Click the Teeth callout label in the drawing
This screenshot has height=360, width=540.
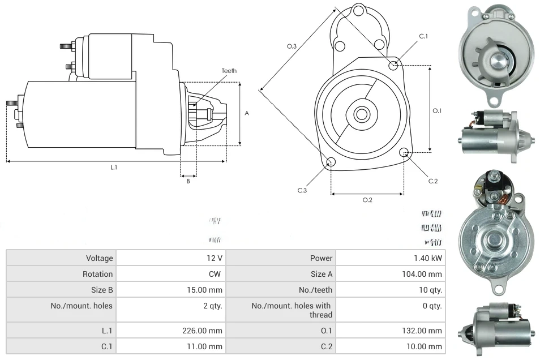[x=229, y=71]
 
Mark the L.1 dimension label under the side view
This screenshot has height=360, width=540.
[x=114, y=168]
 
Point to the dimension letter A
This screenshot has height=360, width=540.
[x=247, y=113]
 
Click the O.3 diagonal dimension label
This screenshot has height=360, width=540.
[x=292, y=46]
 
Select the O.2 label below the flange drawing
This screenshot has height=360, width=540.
[x=367, y=200]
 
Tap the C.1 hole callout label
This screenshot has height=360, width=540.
[x=423, y=36]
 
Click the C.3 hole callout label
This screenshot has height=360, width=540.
[x=302, y=191]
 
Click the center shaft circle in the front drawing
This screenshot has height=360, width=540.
[x=361, y=114]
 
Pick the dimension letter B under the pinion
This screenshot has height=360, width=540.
[x=188, y=181]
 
